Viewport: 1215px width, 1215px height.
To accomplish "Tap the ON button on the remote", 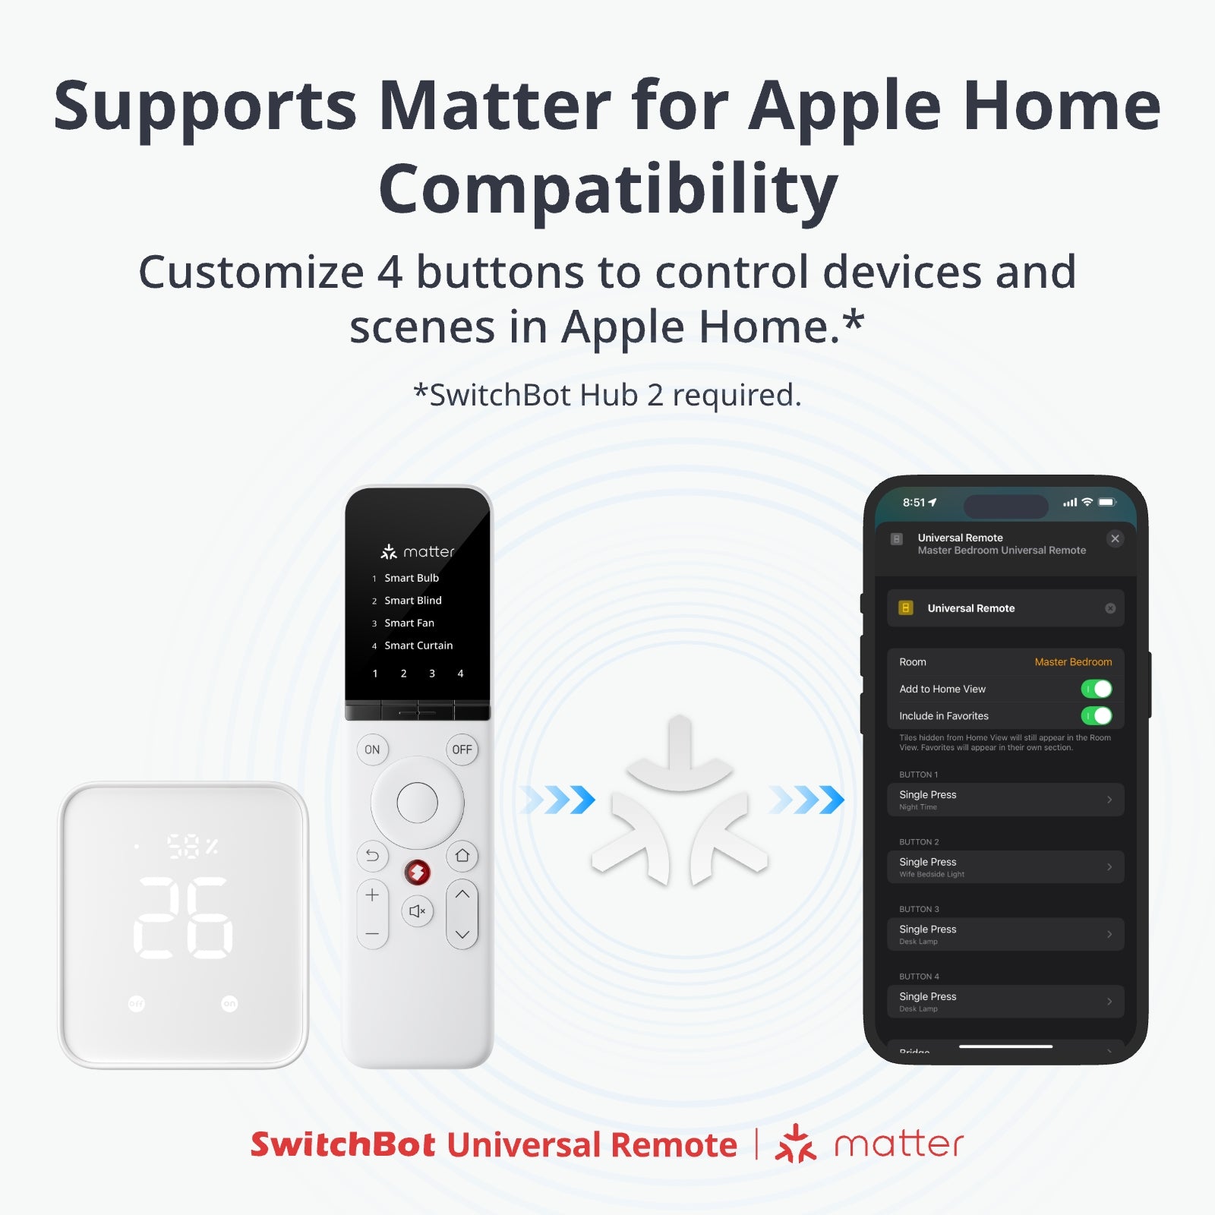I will pos(372,750).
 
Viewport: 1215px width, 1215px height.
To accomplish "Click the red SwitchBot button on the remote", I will pos(417,873).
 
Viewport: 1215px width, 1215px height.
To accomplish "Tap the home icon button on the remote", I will pos(462,856).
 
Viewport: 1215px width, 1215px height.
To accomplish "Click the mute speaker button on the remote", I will pos(417,910).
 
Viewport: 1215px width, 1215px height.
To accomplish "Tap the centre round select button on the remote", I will pos(417,803).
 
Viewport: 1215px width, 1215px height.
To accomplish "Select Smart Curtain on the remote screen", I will pos(418,645).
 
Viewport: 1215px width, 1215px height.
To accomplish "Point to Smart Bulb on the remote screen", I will pos(411,578).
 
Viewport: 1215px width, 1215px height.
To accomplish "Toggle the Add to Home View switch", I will pos(1096,689).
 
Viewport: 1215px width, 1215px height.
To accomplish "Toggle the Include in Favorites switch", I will pos(1096,715).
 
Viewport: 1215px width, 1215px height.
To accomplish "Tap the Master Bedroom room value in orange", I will pos(1072,662).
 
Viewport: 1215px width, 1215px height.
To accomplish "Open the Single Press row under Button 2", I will pos(1005,866).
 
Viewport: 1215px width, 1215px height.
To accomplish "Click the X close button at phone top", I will pos(1115,538).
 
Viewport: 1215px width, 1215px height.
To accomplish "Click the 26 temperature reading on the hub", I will pos(184,917).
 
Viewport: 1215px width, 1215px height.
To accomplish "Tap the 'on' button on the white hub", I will pos(229,1004).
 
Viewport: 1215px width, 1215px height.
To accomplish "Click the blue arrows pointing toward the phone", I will pos(806,800).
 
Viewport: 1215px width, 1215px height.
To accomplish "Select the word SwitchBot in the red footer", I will pos(342,1144).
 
